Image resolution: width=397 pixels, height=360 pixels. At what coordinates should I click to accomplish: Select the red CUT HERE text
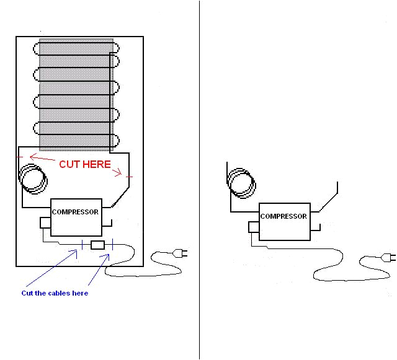[x=85, y=165]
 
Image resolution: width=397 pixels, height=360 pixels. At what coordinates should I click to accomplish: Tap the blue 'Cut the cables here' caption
[x=55, y=293]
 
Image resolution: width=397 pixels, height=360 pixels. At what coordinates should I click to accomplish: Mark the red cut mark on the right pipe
[x=129, y=178]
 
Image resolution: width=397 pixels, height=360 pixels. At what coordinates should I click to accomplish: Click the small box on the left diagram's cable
[x=98, y=245]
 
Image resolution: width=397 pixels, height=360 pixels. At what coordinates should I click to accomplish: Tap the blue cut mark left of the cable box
[x=82, y=245]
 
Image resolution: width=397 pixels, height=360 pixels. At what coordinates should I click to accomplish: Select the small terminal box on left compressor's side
[x=45, y=222]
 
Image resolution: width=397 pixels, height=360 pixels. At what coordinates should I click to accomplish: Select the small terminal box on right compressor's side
[x=253, y=227]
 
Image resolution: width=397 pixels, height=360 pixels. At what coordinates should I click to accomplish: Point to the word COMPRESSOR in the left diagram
[x=75, y=212]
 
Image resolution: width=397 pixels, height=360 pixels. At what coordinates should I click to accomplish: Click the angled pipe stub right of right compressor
[x=331, y=197]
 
